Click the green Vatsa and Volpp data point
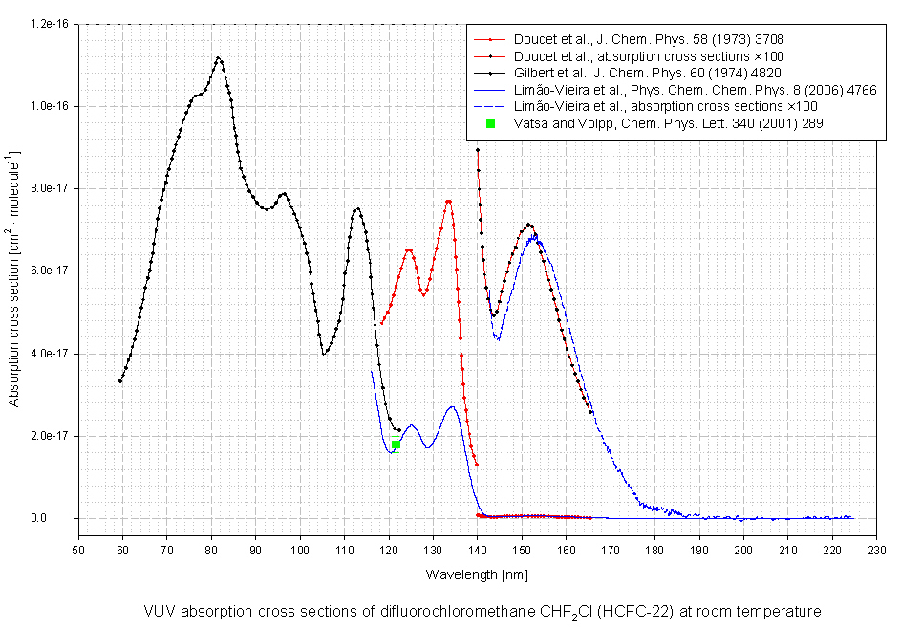pos(396,444)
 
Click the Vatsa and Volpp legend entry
pos(654,123)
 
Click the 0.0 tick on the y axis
pos(60,519)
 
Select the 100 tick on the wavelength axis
pos(300,550)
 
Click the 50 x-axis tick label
pos(79,550)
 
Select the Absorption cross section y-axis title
pos(14,271)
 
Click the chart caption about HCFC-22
pos(482,611)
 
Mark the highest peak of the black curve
pos(219,58)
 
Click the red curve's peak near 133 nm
pos(448,202)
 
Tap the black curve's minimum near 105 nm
pos(325,354)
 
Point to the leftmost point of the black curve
pos(120,381)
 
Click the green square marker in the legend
pos(490,123)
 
